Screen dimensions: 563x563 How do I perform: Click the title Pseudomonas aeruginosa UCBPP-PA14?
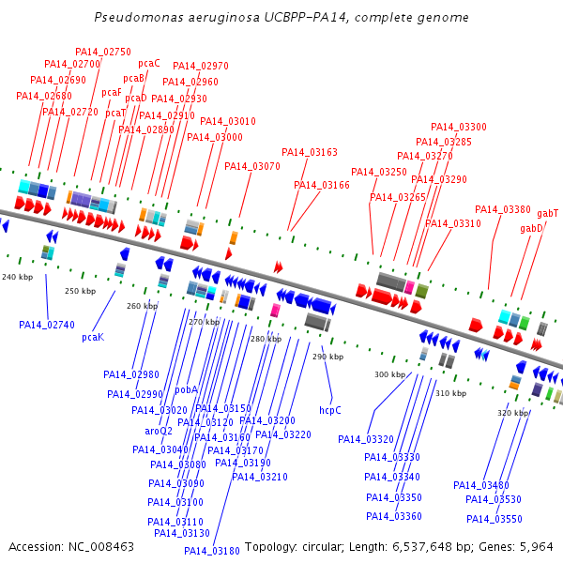tap(221, 17)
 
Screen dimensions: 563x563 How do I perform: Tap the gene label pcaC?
tap(149, 64)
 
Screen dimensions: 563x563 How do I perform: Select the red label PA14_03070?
tap(252, 166)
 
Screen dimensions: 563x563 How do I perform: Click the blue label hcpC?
tap(330, 410)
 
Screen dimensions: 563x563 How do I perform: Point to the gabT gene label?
tap(548, 214)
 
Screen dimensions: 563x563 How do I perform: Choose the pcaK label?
tap(93, 337)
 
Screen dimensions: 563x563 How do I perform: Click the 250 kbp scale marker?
tap(80, 291)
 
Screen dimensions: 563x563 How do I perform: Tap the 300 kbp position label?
tap(390, 374)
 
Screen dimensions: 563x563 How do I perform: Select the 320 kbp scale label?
tap(512, 413)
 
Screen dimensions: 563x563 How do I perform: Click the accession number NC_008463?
tap(101, 547)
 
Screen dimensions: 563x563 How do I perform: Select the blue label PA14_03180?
tap(211, 551)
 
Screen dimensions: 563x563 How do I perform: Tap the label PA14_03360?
tap(394, 516)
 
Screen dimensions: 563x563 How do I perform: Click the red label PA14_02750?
tap(103, 52)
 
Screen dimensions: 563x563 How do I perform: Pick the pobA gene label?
tap(187, 389)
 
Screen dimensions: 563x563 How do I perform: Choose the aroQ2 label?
tap(159, 431)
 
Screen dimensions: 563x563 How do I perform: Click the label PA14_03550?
tap(495, 519)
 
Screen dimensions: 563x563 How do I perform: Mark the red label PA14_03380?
tap(503, 209)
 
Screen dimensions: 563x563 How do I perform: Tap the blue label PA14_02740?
tap(47, 325)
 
